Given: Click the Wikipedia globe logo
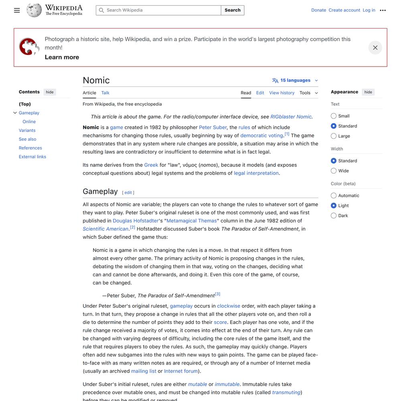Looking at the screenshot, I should pyautogui.click(x=34, y=10).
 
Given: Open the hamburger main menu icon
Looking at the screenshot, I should pyautogui.click(x=17, y=10).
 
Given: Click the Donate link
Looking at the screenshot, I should pyautogui.click(x=318, y=10).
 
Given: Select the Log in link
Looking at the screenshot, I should pyautogui.click(x=369, y=10).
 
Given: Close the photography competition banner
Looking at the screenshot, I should pyautogui.click(x=375, y=48).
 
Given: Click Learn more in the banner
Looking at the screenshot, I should pyautogui.click(x=62, y=57).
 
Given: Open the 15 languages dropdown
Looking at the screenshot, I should pyautogui.click(x=296, y=81).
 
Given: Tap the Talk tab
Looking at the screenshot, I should pyautogui.click(x=105, y=93).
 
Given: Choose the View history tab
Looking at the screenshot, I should pyautogui.click(x=282, y=93).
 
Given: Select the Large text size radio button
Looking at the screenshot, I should pyautogui.click(x=334, y=136).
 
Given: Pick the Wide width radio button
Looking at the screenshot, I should pyautogui.click(x=334, y=171).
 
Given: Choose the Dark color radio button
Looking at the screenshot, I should pyautogui.click(x=334, y=216).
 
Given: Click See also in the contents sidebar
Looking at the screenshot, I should pyautogui.click(x=27, y=140).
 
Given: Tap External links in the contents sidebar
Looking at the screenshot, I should pyautogui.click(x=32, y=157).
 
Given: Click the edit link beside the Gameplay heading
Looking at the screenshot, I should pyautogui.click(x=128, y=193).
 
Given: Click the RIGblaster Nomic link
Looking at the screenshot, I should pyautogui.click(x=291, y=117).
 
